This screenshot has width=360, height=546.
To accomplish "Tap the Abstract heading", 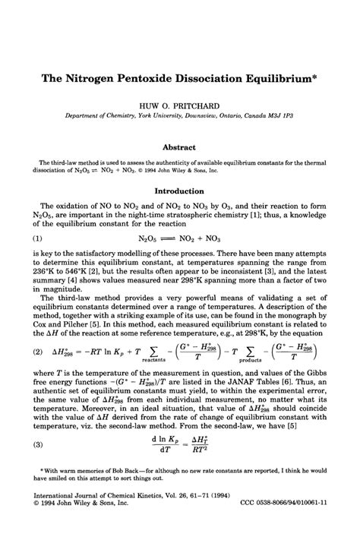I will [x=180, y=147].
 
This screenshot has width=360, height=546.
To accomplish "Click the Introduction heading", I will [x=180, y=191].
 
